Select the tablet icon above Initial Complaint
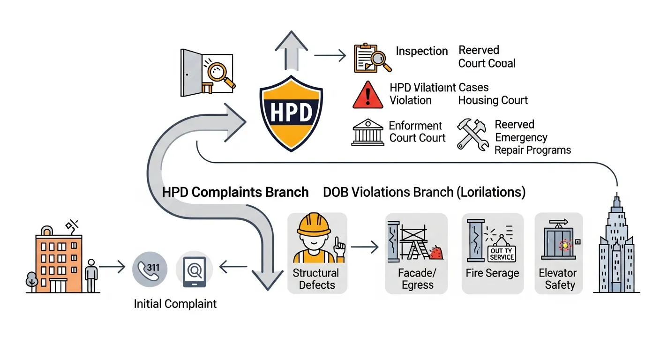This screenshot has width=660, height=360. tap(194, 272)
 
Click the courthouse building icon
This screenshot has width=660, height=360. tap(367, 132)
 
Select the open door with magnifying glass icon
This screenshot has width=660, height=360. tap(207, 73)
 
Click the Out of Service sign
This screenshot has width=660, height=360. tap(502, 254)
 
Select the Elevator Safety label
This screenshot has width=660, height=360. tap(559, 279)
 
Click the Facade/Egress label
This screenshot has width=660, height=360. tap(417, 279)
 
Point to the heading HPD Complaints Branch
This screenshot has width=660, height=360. tap(235, 192)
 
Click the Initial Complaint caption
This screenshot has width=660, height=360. tap(175, 304)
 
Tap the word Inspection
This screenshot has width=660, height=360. tap(422, 51)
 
